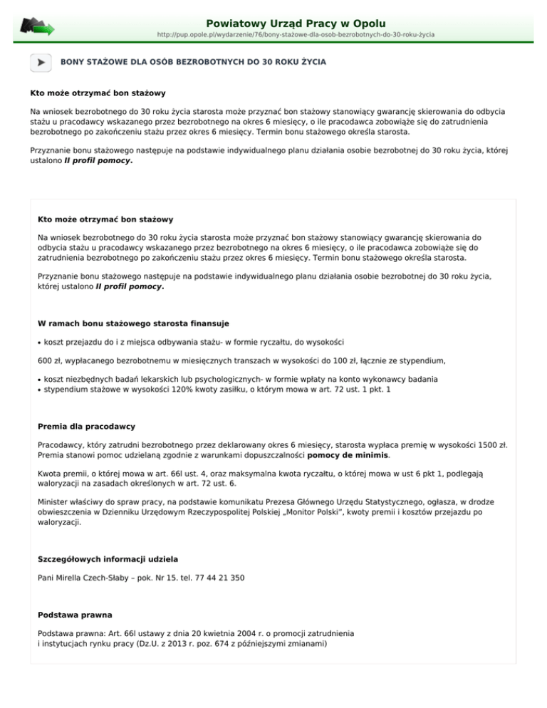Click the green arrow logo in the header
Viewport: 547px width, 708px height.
(x=38, y=26)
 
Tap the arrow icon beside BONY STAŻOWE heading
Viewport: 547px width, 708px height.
(x=41, y=63)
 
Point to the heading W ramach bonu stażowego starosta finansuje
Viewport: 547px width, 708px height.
(x=133, y=324)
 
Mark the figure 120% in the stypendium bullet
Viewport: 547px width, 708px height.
(x=186, y=390)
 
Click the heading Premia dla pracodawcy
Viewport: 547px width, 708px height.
(x=86, y=427)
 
